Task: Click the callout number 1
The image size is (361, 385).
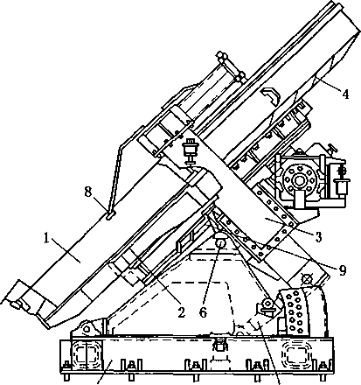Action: click(46, 239)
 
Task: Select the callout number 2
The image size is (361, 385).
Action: click(181, 312)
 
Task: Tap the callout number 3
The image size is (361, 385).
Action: click(318, 237)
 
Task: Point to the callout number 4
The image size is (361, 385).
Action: click(345, 94)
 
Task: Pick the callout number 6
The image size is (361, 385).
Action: click(203, 312)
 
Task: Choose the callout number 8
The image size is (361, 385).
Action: click(88, 192)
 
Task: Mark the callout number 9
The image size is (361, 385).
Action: click(342, 270)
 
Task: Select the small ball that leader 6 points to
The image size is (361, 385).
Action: click(220, 242)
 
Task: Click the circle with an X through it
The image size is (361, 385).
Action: click(306, 279)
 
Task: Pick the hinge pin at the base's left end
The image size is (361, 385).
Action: click(86, 329)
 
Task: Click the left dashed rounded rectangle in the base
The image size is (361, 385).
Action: click(87, 353)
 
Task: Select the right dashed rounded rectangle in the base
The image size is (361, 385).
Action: click(296, 353)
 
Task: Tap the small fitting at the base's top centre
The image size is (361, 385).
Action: click(219, 345)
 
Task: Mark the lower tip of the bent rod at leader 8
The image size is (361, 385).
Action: click(109, 217)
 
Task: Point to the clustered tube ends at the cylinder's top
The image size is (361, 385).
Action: click(230, 67)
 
